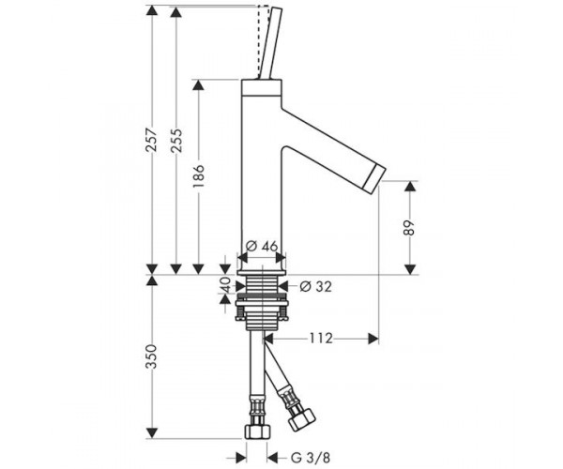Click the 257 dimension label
point(152,140)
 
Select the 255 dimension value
point(176,141)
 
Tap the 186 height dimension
point(198,175)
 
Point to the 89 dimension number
point(408,228)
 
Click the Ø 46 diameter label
point(263,246)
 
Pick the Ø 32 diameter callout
point(315,286)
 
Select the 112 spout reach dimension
point(321,338)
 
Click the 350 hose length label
point(152,356)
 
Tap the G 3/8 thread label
point(311,458)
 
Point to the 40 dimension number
point(225,285)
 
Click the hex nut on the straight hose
point(256,431)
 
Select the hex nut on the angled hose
point(302,420)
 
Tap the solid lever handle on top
point(270,43)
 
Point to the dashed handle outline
point(263,40)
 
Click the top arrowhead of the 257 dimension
point(152,10)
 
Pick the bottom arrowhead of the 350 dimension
point(152,433)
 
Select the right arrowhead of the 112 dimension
point(373,339)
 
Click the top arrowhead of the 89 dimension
point(410,187)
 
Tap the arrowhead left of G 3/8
point(241,458)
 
